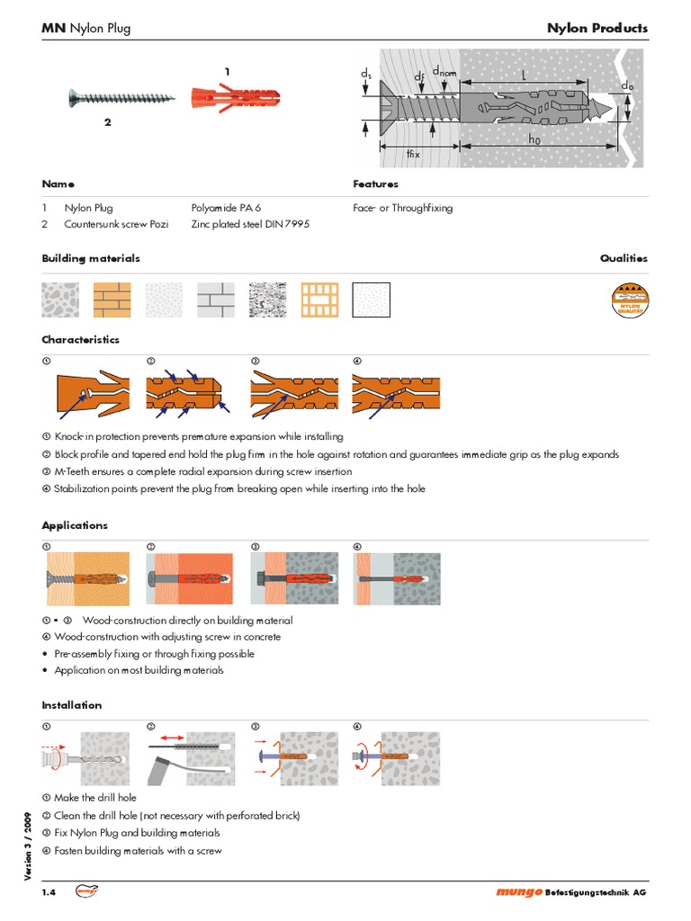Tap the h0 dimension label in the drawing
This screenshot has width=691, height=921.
[x=534, y=139]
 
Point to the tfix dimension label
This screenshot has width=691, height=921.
[x=413, y=154]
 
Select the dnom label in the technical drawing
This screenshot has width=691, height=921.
[x=444, y=71]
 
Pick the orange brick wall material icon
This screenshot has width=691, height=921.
[x=112, y=299]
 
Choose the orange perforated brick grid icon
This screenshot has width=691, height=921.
[x=319, y=299]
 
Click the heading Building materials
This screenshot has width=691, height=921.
[x=91, y=258]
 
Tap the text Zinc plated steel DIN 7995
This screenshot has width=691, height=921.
[x=249, y=224]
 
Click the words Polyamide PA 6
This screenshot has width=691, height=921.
[x=226, y=208]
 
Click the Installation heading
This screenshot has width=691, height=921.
[x=72, y=705]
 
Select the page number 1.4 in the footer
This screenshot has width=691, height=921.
[x=49, y=892]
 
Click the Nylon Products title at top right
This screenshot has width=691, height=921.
[x=597, y=28]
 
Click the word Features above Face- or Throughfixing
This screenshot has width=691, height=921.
[x=375, y=183]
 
